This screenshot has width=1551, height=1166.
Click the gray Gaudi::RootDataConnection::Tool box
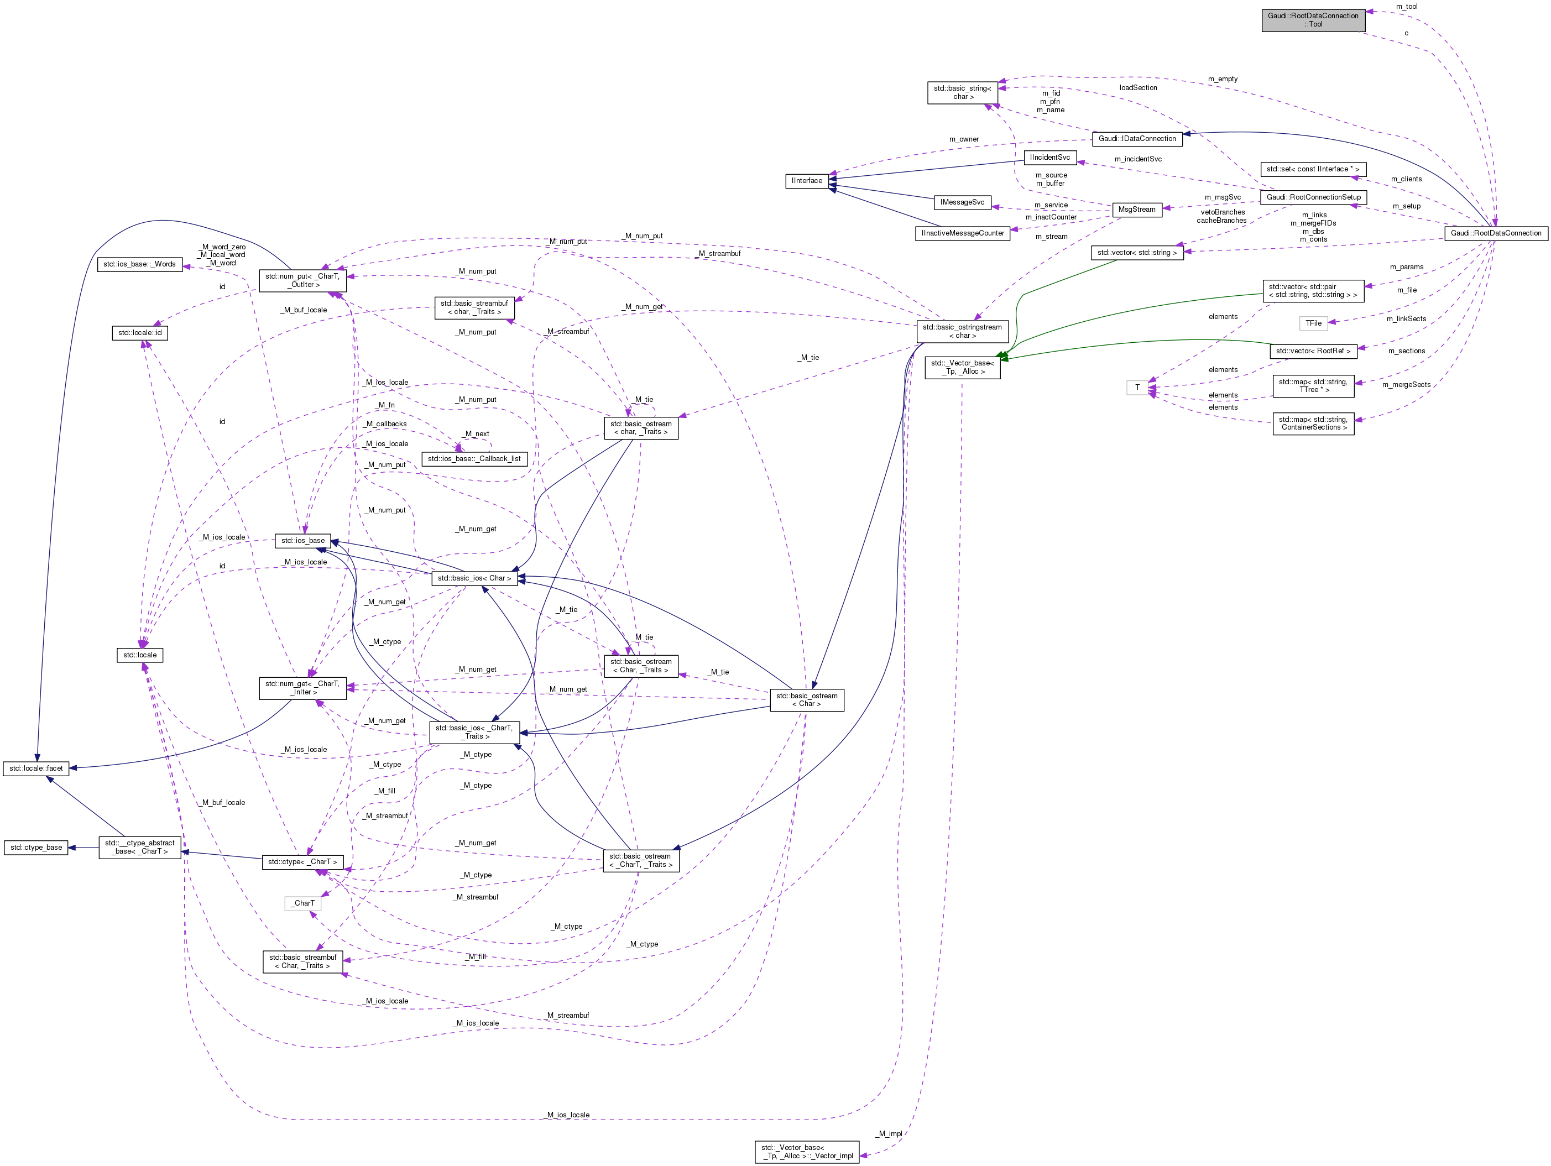pyautogui.click(x=1313, y=20)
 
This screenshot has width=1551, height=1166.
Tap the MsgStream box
pyautogui.click(x=1137, y=210)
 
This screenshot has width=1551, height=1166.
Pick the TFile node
pyautogui.click(x=1313, y=323)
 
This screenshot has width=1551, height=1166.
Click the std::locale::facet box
pyautogui.click(x=36, y=768)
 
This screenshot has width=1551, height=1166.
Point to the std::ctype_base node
pyautogui.click(x=36, y=848)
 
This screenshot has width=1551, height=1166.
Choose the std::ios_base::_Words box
pyautogui.click(x=139, y=264)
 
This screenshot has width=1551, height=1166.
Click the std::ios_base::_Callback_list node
pyautogui.click(x=474, y=458)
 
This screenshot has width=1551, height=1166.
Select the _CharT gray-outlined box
pyautogui.click(x=303, y=903)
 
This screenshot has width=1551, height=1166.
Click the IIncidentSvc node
pyautogui.click(x=1049, y=158)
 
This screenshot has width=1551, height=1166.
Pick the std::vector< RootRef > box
pyautogui.click(x=1313, y=351)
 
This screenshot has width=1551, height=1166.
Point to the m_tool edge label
pyautogui.click(x=1406, y=6)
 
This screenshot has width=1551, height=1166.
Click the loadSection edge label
pyautogui.click(x=1137, y=88)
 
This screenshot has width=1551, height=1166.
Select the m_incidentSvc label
pyautogui.click(x=1137, y=159)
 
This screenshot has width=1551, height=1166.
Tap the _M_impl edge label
pyautogui.click(x=889, y=1134)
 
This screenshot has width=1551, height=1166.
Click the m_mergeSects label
pyautogui.click(x=1406, y=385)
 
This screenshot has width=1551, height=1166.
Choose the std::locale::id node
pyautogui.click(x=139, y=333)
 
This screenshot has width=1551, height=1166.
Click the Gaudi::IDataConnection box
pyautogui.click(x=1137, y=139)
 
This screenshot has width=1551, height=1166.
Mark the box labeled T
pyautogui.click(x=1137, y=388)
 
